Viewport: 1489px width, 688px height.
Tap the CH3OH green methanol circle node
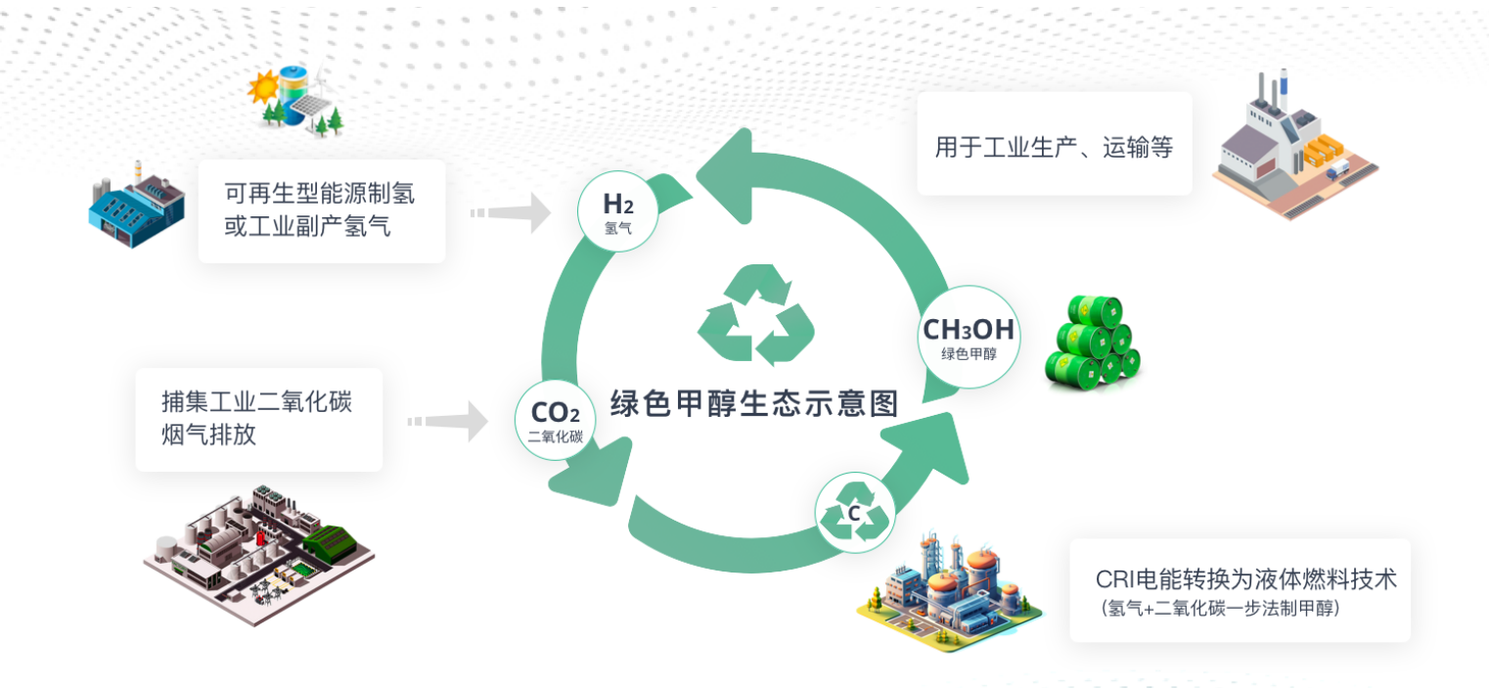tap(969, 338)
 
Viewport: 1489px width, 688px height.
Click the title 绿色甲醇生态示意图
tap(753, 403)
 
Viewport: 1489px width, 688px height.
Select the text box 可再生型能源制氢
tap(321, 210)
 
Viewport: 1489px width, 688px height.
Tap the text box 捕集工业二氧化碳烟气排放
tap(258, 418)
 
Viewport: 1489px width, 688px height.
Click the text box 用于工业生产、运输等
tap(1054, 148)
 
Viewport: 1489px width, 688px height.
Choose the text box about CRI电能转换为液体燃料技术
tap(1240, 590)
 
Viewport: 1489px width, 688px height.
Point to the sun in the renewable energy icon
tap(264, 90)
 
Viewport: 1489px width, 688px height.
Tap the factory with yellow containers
tap(1291, 147)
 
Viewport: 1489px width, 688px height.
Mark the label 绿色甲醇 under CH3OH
tap(969, 354)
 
